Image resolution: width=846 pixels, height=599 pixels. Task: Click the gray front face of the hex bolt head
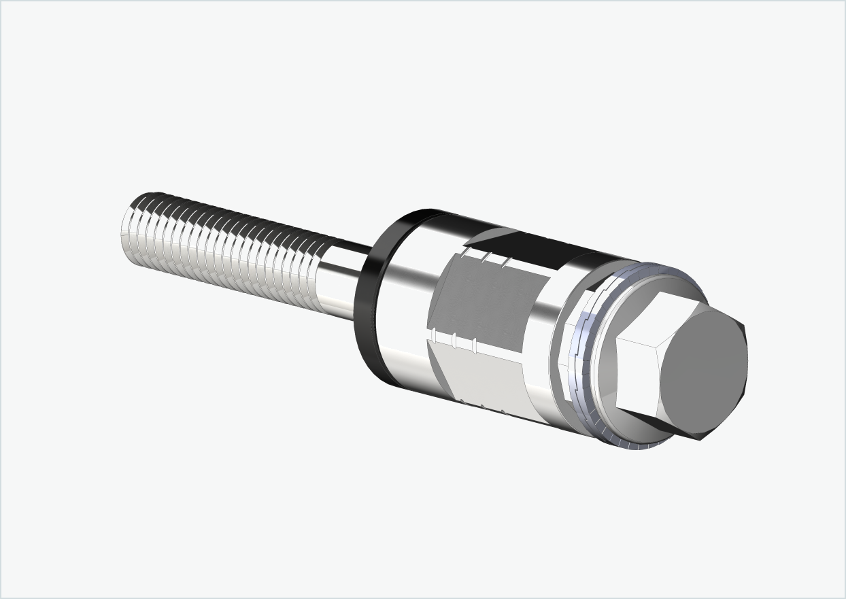[704, 371]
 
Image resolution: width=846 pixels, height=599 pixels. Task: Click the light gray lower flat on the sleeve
[479, 377]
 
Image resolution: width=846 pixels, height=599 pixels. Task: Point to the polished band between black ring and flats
[405, 299]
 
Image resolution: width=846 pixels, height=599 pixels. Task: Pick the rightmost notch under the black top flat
[505, 262]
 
